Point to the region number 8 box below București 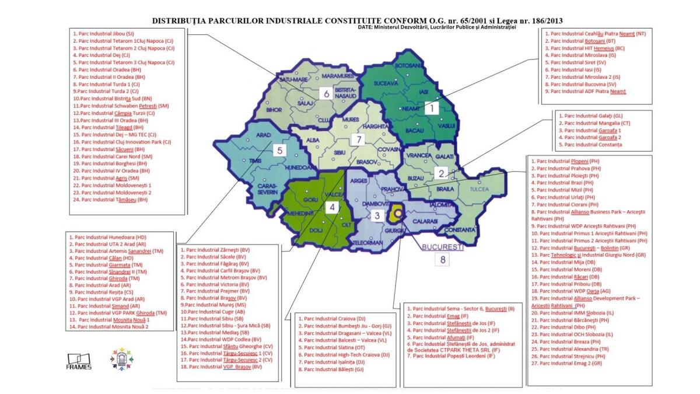pyautogui.click(x=443, y=261)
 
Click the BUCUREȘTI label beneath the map pyautogui.click(x=443, y=247)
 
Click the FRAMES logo pyautogui.click(x=79, y=361)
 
